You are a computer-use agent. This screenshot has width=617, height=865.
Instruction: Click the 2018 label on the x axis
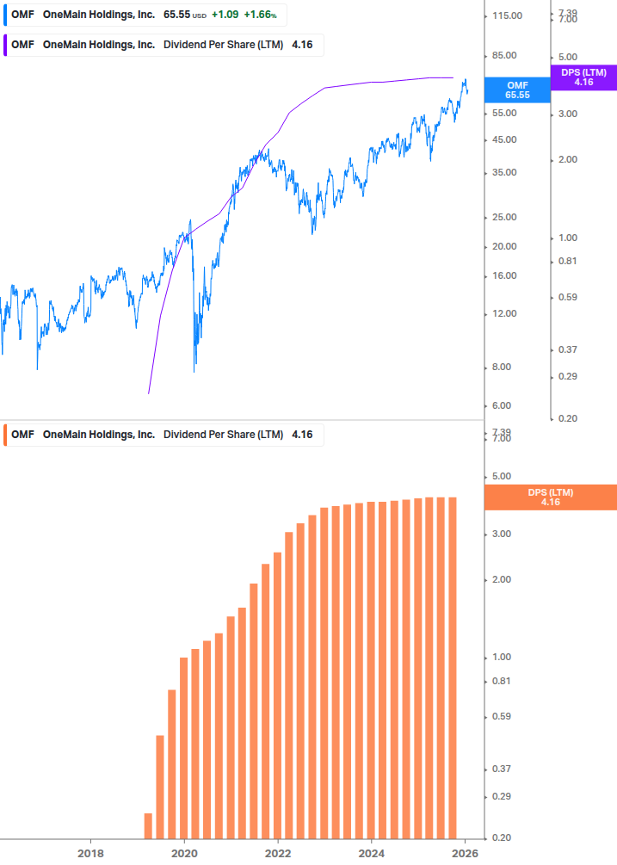[x=90, y=854]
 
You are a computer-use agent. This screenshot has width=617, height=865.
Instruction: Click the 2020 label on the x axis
[x=184, y=854]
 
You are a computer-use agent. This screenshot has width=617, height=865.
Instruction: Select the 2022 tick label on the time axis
[x=278, y=854]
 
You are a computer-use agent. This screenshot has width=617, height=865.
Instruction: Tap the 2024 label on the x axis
[x=371, y=854]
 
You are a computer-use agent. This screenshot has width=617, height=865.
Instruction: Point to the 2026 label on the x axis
[x=465, y=854]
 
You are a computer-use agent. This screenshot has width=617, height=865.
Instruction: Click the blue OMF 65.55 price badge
[x=517, y=90]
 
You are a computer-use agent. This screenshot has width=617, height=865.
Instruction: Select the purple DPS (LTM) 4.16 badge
[x=583, y=77]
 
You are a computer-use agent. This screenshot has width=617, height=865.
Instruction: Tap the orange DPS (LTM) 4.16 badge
[x=551, y=497]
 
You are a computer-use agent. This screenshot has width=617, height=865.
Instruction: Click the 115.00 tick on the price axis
[x=504, y=15]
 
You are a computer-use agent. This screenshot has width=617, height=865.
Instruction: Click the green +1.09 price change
[x=225, y=15]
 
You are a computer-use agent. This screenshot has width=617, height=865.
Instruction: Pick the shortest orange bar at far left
[x=148, y=825]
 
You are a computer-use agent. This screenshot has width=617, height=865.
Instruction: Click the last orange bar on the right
[x=452, y=668]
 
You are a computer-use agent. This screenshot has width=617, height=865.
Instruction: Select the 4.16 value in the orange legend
[x=302, y=435]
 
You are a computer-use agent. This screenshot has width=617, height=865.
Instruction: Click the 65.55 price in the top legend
[x=176, y=15]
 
